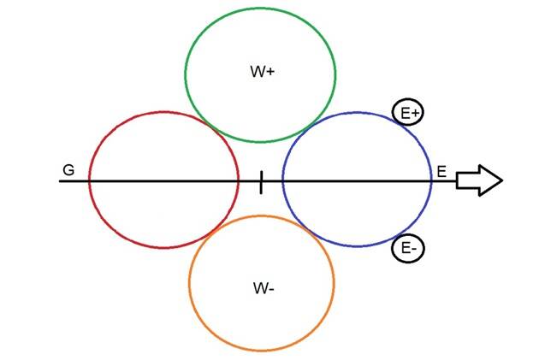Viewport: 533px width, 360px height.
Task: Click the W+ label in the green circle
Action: (262, 73)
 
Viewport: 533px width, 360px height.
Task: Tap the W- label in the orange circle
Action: (264, 288)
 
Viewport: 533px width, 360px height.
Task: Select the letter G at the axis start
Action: (68, 170)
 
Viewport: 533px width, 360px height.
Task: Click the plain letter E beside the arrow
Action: (441, 171)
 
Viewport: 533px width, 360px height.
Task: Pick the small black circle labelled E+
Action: (407, 113)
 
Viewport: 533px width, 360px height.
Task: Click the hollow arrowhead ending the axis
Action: (479, 180)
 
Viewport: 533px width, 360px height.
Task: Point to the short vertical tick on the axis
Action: (261, 181)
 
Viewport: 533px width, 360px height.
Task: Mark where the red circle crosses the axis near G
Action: (89, 181)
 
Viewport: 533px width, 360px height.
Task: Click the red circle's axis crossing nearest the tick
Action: (239, 181)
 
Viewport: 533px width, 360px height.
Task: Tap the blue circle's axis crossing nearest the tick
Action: (282, 181)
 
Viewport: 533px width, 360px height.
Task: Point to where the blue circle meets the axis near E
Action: (432, 181)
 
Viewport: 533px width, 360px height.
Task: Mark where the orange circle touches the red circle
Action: (210, 233)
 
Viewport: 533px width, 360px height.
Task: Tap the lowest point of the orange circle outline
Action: (262, 350)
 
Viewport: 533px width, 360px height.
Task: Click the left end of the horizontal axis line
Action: (60, 181)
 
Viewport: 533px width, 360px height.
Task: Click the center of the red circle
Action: (163, 180)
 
